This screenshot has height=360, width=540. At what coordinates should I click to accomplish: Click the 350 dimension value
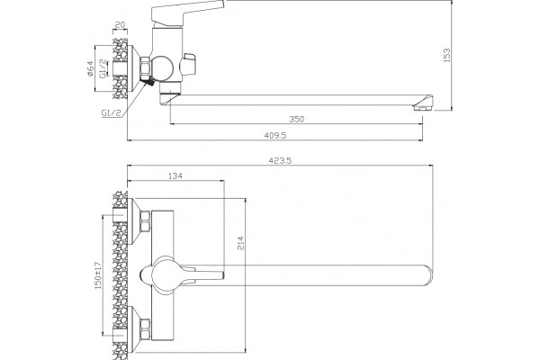click(296, 119)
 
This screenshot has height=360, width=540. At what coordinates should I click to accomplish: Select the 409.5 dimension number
click(275, 135)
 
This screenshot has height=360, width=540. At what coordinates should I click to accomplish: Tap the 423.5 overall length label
click(280, 160)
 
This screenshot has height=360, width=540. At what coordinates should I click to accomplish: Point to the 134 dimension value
click(175, 176)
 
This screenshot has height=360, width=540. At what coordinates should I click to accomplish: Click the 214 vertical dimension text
click(240, 243)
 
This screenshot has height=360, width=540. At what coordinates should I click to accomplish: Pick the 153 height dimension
click(446, 55)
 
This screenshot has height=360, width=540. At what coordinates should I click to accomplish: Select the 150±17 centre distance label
click(98, 274)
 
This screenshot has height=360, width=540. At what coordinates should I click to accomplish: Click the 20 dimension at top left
click(120, 25)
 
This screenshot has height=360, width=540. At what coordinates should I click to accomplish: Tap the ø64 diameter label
click(90, 68)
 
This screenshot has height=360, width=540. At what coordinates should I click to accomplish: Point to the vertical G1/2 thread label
click(103, 68)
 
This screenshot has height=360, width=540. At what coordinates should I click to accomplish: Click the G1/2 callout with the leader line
click(112, 113)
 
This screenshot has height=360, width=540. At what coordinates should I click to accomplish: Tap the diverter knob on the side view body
click(189, 64)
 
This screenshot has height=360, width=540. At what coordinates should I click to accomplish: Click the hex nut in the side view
click(145, 68)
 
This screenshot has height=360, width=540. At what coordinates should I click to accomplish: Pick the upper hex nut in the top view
click(145, 221)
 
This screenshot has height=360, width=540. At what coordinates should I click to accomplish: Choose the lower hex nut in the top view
click(145, 329)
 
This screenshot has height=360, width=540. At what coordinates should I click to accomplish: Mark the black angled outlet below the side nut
click(149, 83)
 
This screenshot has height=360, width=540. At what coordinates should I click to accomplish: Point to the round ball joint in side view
click(163, 68)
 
